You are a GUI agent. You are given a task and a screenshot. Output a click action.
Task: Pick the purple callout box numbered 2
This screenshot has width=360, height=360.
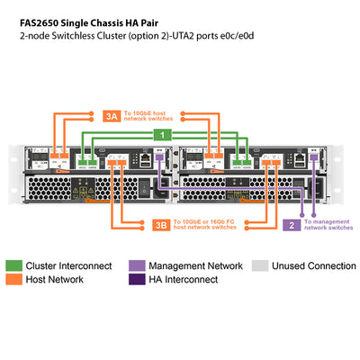click(291, 225)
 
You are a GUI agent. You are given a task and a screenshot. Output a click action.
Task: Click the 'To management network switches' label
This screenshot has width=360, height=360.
click(328, 225)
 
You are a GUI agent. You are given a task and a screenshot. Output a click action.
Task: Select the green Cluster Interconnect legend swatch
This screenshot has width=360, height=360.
click(13, 266)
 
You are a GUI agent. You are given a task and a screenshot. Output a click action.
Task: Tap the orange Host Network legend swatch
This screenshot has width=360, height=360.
click(13, 280)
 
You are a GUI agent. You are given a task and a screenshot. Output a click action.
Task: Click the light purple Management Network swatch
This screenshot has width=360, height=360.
click(135, 266)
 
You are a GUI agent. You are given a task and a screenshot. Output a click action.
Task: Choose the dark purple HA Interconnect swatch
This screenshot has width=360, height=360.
click(135, 280)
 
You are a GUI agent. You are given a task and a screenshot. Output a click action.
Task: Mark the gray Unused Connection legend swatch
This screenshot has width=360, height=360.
click(260, 266)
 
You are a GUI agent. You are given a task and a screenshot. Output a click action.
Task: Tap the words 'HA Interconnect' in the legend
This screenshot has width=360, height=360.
click(184, 280)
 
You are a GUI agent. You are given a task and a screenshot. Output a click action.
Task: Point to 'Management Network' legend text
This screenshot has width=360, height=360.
click(195, 266)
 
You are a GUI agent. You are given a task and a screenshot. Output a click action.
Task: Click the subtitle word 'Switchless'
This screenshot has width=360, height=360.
click(74, 37)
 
